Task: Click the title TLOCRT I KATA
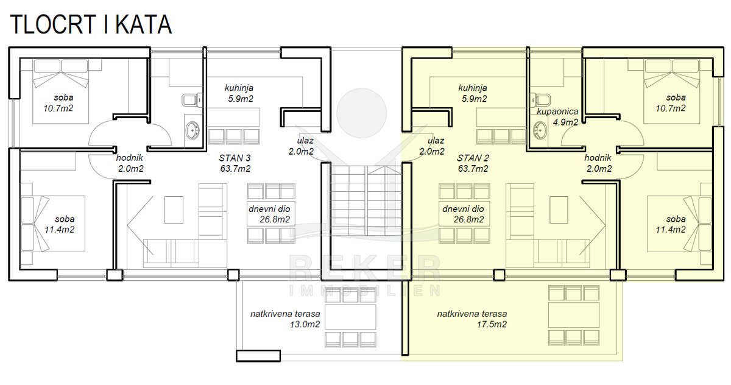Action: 91,24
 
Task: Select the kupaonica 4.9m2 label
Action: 557,117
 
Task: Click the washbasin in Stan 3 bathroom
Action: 192,130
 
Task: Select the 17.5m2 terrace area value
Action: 492,324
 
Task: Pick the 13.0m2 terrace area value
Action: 305,324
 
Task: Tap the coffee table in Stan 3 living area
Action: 174,210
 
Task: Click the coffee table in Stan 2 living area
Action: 559,210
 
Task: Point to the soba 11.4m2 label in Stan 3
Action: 60,224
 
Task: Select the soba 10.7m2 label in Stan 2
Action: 671,103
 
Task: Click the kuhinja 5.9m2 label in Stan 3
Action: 239,93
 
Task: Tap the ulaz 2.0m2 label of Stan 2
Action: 432,146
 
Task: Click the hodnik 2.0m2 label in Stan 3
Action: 130,163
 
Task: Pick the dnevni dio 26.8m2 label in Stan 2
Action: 463,214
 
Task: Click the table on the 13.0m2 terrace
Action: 350,317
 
